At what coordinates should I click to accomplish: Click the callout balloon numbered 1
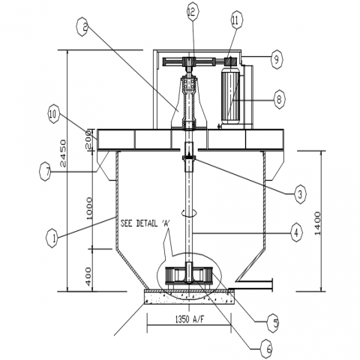(52, 238)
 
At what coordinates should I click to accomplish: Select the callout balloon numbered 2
(83, 27)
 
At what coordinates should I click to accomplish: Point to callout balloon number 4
(296, 233)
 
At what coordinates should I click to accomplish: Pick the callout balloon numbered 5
(274, 323)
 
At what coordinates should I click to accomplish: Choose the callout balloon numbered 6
(266, 349)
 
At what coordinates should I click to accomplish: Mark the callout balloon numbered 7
(46, 172)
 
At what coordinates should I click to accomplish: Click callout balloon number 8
(279, 100)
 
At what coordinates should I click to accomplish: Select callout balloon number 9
(276, 59)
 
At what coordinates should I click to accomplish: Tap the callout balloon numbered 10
(54, 115)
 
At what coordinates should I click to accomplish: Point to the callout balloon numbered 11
(235, 21)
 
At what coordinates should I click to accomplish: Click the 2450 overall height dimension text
(63, 153)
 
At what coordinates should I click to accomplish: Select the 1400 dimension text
(317, 223)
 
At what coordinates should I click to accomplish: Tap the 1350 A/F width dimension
(189, 319)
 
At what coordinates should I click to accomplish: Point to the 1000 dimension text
(89, 208)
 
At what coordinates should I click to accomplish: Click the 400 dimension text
(88, 276)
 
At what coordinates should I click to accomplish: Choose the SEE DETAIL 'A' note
(145, 223)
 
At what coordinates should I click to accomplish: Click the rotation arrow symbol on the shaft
(188, 213)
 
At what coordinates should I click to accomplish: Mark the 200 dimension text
(88, 139)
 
